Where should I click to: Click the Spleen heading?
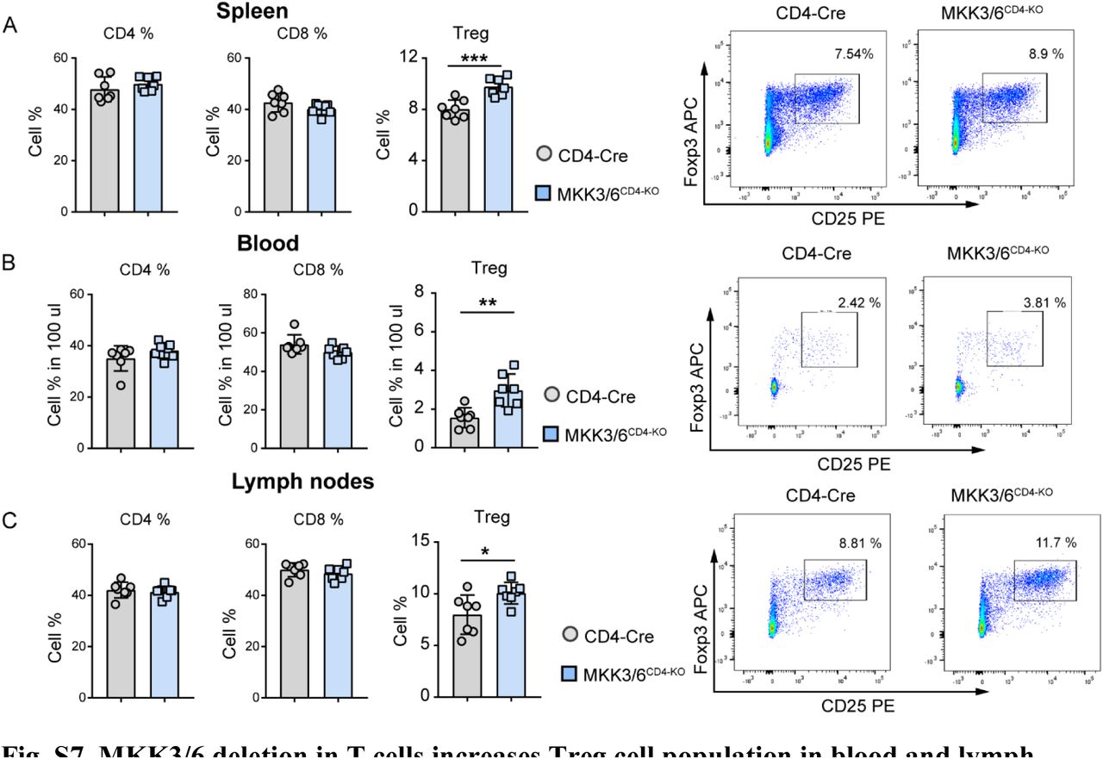click(276, 12)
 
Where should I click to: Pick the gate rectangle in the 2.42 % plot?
click(829, 339)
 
